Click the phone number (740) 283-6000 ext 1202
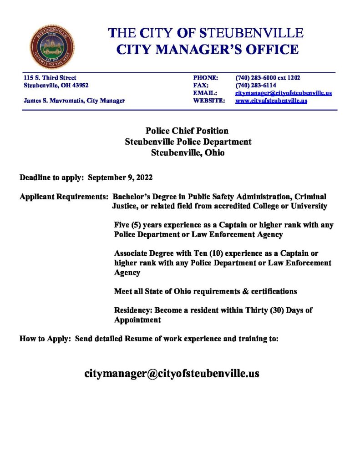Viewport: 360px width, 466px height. pos(268,78)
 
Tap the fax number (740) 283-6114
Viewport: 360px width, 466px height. pos(256,85)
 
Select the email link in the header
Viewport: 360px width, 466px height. pos(283,93)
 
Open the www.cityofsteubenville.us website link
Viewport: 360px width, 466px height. pos(271,101)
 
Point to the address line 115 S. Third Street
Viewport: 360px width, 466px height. pos(50,78)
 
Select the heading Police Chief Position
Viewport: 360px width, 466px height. pos(187,131)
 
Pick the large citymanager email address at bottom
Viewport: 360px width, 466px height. pos(172,374)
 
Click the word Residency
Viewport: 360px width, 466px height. pos(133,310)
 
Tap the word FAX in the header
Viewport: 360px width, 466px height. pos(201,85)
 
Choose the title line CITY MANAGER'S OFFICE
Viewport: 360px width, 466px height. pos(208,50)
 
